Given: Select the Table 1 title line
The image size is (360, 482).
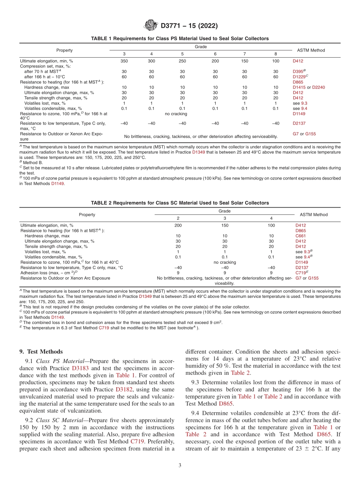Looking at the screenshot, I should pos(180,39).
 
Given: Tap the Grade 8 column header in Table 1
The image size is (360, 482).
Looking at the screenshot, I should pos(275,53).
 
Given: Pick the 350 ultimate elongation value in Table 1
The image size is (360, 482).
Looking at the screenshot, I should pos(124,61).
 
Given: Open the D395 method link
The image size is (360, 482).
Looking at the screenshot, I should pos(297,72).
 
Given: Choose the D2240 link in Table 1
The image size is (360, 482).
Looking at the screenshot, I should pos(318,88).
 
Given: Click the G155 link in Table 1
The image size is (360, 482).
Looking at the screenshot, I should pos(310,134).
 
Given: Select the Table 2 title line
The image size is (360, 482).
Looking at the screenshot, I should pos(180,203).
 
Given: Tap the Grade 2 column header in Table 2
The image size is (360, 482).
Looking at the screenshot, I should pos(178,218).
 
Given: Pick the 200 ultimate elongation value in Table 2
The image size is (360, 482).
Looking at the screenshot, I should pos(178,225).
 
